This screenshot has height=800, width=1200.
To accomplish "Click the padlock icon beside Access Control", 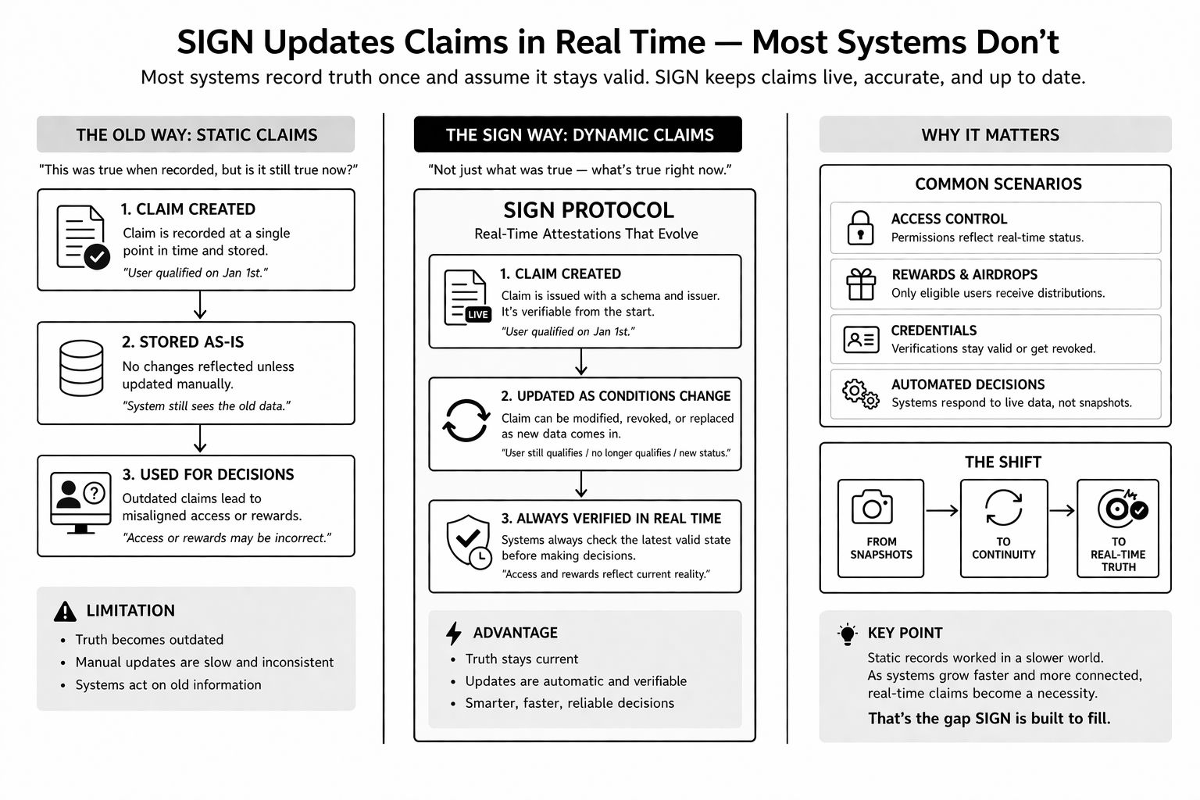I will click(860, 228).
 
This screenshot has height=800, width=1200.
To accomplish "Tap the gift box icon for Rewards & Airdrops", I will click(861, 284).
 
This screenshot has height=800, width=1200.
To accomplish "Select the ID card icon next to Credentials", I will click(861, 340).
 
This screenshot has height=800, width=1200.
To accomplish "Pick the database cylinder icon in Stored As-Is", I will click(81, 368).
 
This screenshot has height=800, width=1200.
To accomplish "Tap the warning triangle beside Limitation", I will click(65, 612).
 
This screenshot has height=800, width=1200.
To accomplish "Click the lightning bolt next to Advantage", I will click(453, 633).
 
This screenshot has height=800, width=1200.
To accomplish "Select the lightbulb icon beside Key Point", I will click(847, 634).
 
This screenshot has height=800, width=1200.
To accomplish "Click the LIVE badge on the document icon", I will click(478, 314).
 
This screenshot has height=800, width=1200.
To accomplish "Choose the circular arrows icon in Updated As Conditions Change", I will click(466, 420).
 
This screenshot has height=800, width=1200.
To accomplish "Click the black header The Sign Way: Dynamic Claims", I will click(578, 134).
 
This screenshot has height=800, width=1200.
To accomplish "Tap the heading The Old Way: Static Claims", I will click(196, 134).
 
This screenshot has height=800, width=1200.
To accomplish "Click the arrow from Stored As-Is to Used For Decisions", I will click(200, 439).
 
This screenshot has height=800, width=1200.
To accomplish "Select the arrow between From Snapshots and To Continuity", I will click(941, 511).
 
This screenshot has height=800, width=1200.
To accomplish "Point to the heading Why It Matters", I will click(990, 134).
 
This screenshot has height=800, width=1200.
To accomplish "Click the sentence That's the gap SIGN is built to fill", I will click(988, 718).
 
